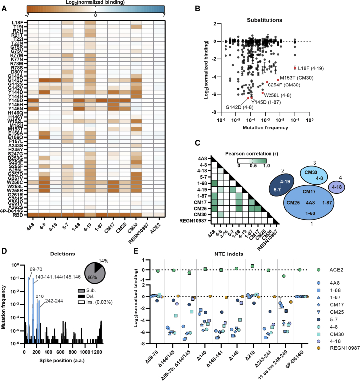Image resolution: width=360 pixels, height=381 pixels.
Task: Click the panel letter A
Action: click(x=4, y=4)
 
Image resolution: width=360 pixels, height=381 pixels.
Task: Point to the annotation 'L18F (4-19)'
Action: click(x=310, y=68)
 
